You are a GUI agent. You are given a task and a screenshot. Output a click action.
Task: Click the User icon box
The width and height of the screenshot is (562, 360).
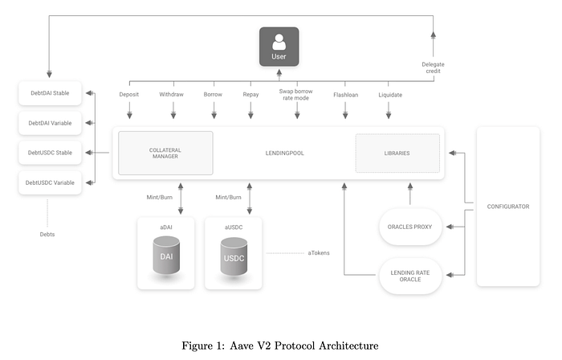click(x=279, y=47)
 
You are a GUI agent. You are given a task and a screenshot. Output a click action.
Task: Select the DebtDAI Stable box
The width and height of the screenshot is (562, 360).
click(x=50, y=93)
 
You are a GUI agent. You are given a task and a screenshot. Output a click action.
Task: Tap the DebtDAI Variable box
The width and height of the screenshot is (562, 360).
click(x=50, y=123)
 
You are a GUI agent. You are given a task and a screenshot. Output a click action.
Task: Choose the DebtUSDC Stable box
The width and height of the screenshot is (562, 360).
click(x=50, y=153)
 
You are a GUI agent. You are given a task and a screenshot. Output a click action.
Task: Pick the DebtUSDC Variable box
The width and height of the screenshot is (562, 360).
click(x=50, y=182)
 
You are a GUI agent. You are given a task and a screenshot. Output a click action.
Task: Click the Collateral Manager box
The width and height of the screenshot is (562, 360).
click(x=165, y=153)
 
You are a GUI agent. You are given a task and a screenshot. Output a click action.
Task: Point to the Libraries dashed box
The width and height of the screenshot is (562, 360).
click(x=397, y=153)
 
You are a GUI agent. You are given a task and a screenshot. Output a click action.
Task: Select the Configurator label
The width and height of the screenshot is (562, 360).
click(x=507, y=207)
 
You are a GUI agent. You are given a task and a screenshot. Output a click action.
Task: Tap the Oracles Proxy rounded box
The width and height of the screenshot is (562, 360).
click(x=409, y=227)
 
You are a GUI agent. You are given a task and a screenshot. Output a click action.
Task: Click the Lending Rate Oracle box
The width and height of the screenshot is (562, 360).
click(x=409, y=276)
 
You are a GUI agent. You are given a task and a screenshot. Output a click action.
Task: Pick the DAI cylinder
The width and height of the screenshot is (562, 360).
click(x=165, y=258)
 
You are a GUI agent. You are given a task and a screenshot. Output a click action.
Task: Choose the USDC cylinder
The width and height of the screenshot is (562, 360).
click(x=233, y=258)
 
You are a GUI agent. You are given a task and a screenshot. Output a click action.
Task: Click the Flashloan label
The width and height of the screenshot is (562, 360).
click(x=345, y=95)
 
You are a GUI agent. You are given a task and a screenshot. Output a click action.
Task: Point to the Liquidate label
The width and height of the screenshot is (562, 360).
click(x=390, y=95)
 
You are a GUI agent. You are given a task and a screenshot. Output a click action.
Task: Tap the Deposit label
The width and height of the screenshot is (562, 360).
click(x=129, y=95)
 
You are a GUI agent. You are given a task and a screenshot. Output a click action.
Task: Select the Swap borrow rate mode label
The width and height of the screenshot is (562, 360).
click(x=296, y=95)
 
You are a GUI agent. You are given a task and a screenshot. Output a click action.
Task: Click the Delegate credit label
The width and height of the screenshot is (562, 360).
click(x=433, y=67)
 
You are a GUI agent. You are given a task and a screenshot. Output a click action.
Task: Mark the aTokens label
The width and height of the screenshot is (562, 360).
click(x=319, y=253)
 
